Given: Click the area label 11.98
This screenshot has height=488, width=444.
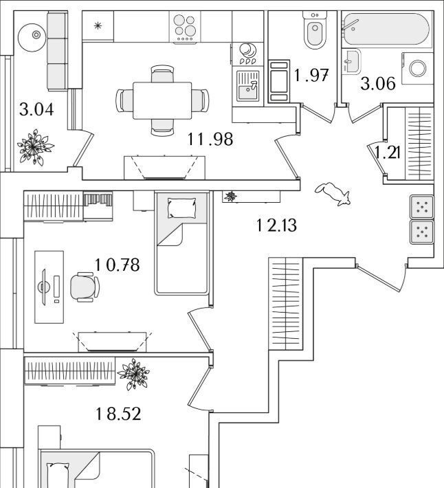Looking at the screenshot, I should coord(210,140).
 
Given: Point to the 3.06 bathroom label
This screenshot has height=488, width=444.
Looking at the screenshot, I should coord(378,84).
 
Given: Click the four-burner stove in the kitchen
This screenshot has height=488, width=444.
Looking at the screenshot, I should coord(186,29).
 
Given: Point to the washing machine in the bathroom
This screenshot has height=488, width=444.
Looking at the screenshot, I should coord(417,68).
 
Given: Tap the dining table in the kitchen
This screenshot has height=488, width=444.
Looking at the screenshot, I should coord(162,100).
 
